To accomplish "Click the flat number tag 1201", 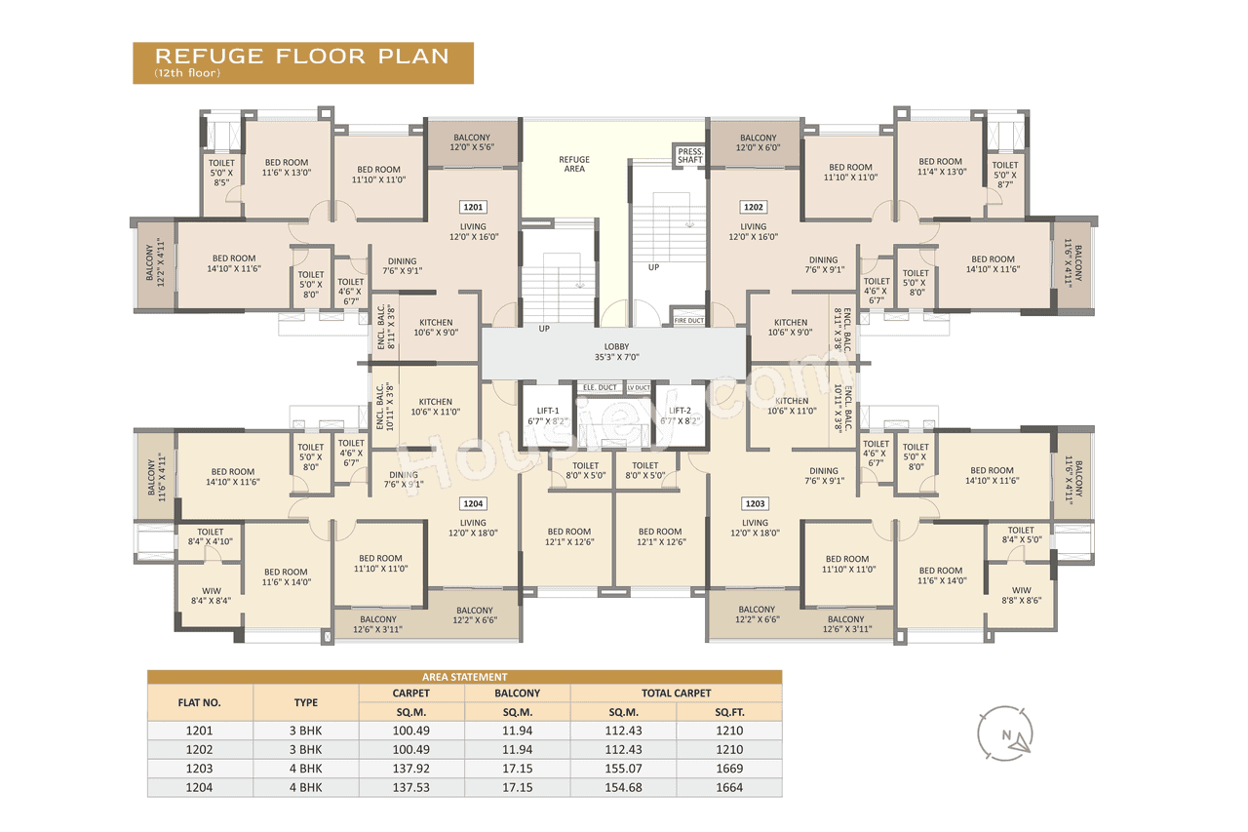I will (472, 207).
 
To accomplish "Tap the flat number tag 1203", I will (755, 503).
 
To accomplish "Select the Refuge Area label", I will (574, 164).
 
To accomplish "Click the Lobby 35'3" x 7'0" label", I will (616, 352).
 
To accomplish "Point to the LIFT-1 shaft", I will (547, 416).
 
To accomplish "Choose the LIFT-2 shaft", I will (680, 416).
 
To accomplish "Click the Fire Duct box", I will (688, 320).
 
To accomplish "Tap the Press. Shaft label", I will (690, 155).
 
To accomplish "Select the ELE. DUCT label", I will (600, 387).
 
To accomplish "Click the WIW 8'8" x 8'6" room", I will (1021, 595).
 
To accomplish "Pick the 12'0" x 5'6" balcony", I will (472, 142).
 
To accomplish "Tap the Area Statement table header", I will (464, 677).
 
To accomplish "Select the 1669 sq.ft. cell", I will (729, 769).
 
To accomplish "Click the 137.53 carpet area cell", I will (411, 787).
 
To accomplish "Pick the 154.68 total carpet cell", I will (623, 787).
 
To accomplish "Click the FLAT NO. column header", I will (199, 701).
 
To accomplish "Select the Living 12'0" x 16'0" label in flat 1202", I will (754, 231).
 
